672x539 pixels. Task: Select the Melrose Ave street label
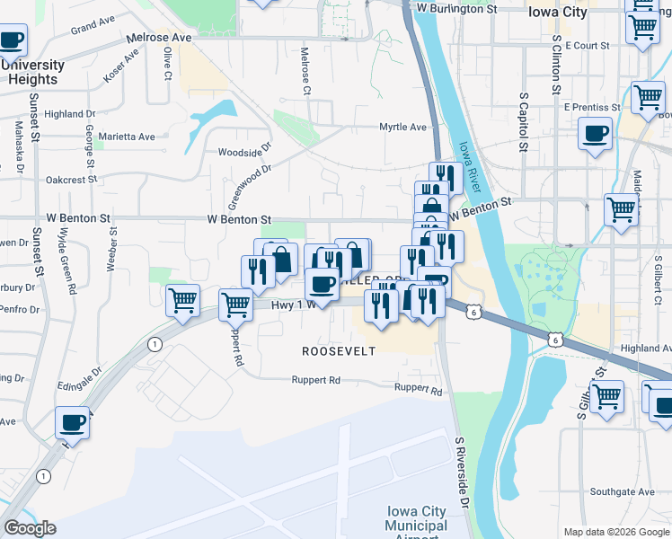pos(159,39)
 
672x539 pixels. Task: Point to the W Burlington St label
pos(455,8)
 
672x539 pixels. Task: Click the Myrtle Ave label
pos(402,128)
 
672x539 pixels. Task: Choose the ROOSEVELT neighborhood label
pos(338,351)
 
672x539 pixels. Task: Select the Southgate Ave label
pos(623,492)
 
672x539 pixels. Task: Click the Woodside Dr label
pos(244,153)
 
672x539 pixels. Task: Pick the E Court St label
pos(588,45)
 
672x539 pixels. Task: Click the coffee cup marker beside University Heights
pos(12,40)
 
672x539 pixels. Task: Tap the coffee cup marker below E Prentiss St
pos(594,135)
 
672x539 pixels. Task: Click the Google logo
pos(29,528)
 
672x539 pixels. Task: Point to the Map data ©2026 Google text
pos(616,532)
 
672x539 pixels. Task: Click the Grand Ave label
pos(93,22)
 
